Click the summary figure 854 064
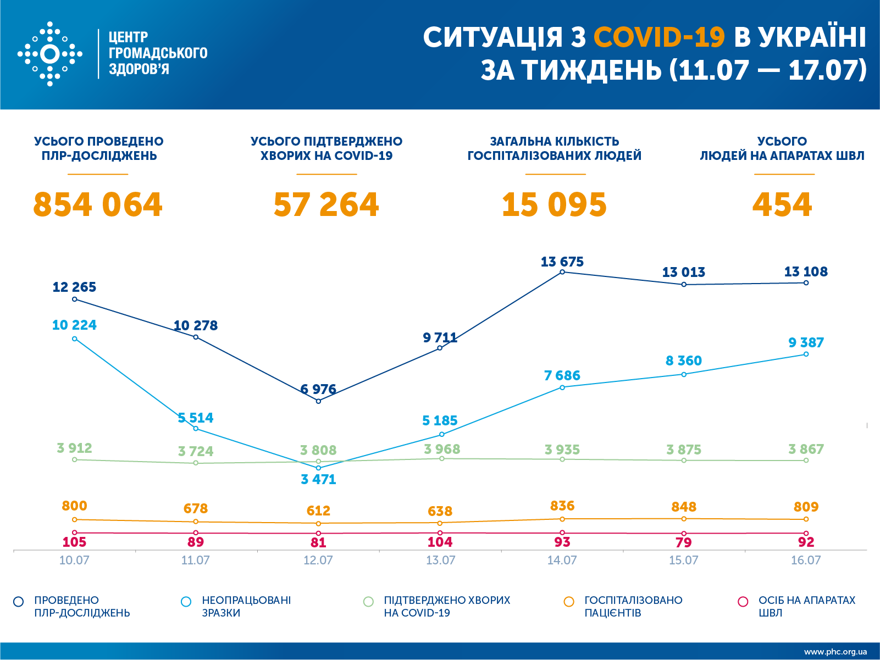[98, 205]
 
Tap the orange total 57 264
[326, 205]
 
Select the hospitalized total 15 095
[554, 205]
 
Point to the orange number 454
[782, 205]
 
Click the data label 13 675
[562, 262]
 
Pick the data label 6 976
[318, 390]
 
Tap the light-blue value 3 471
[318, 479]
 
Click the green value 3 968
[442, 449]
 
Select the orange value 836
[562, 506]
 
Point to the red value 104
[440, 542]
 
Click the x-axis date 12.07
[318, 561]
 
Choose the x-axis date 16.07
[806, 561]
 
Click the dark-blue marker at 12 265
[75, 300]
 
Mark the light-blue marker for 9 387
[806, 354]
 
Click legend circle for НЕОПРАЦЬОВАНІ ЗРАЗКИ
[186, 602]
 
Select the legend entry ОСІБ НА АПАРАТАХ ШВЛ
[806, 606]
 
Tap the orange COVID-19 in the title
[659, 37]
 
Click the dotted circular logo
[50, 54]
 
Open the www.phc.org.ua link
[835, 652]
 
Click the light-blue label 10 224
[74, 325]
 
